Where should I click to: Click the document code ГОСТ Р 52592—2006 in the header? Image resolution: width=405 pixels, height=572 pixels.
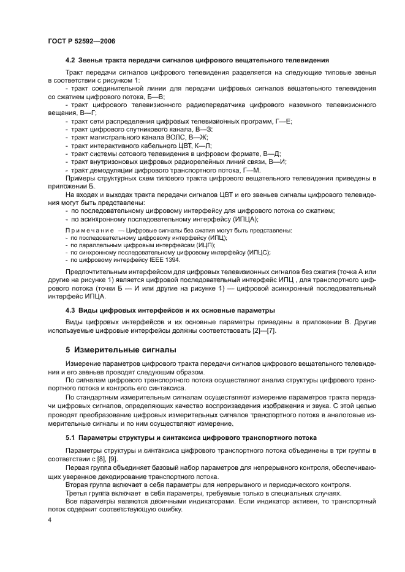pyautogui.click(x=81, y=40)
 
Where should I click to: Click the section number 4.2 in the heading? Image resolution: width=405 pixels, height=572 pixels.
pyautogui.click(x=70, y=60)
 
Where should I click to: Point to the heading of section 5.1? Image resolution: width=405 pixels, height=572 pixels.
pyautogui.click(x=191, y=437)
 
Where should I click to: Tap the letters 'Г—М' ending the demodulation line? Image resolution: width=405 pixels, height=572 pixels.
pyautogui.click(x=252, y=169)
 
